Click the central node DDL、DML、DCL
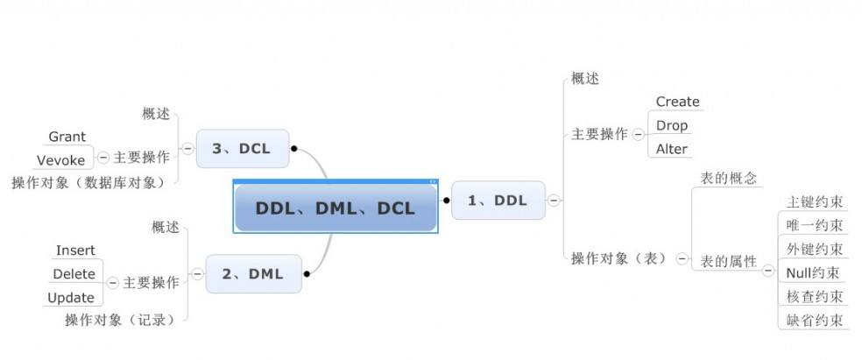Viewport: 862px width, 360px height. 335,208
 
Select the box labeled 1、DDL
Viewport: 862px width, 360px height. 498,201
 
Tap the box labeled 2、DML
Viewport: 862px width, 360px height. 252,274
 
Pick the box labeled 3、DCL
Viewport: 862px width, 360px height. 244,149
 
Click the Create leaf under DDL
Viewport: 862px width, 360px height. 677,102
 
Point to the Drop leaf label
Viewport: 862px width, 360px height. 672,125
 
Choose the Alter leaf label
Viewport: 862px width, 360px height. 672,149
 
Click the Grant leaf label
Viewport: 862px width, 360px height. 67,137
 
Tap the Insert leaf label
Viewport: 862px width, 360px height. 75,251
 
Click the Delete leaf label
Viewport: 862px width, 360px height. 74,274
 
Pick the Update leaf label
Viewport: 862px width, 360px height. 71,298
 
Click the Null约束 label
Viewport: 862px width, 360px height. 814,273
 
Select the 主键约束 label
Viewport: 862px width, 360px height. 815,202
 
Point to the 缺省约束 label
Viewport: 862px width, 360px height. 815,320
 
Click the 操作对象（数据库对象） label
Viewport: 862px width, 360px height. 88,182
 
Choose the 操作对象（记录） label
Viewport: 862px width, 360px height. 120,320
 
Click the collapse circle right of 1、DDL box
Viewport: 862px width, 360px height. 554,201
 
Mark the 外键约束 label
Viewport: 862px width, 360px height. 815,250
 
